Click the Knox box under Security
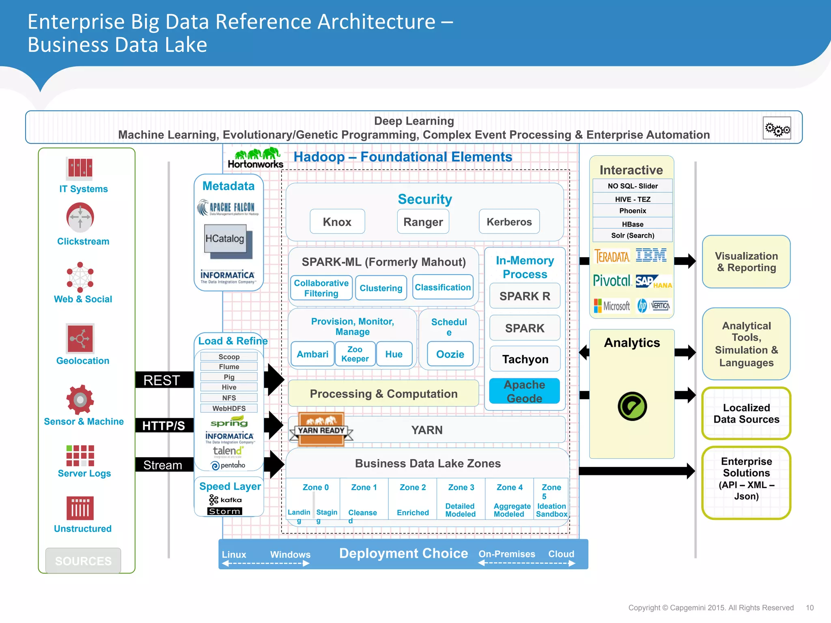pos(337,222)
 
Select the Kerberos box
pos(509,222)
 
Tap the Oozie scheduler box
pos(450,354)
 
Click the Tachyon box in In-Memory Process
pos(525,359)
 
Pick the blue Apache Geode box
pos(524,391)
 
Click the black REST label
pos(162,380)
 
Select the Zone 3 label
pos(461,487)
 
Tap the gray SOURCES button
pos(83,561)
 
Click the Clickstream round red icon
pos(80,217)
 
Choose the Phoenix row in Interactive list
pos(632,211)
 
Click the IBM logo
pos(651,256)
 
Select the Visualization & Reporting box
pos(746,262)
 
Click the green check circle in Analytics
pos(632,406)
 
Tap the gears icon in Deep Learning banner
pos(777,129)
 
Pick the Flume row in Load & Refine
pos(229,367)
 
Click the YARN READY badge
pos(321,430)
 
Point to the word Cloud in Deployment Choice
pos(561,554)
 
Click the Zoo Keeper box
pos(355,354)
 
